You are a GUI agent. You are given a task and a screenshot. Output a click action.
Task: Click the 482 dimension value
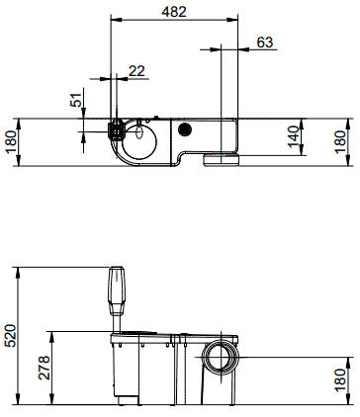pyautogui.click(x=174, y=12)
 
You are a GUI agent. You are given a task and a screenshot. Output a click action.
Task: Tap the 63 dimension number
pyautogui.click(x=265, y=42)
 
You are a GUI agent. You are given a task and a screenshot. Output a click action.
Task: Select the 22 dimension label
pyautogui.click(x=136, y=71)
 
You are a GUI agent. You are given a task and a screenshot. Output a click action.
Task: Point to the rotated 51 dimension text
pyautogui.click(x=76, y=100)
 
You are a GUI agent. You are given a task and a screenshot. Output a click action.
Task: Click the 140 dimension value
pyautogui.click(x=294, y=136)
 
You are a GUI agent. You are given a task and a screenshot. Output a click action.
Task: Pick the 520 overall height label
pyautogui.click(x=10, y=335)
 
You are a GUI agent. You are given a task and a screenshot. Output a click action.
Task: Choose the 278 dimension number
pyautogui.click(x=45, y=368)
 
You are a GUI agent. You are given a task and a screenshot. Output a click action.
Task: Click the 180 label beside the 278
pyautogui.click(x=340, y=380)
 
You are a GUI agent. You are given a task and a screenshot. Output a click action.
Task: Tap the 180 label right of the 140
pyautogui.click(x=340, y=142)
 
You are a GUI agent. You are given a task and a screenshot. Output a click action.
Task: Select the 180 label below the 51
pyautogui.click(x=11, y=142)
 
